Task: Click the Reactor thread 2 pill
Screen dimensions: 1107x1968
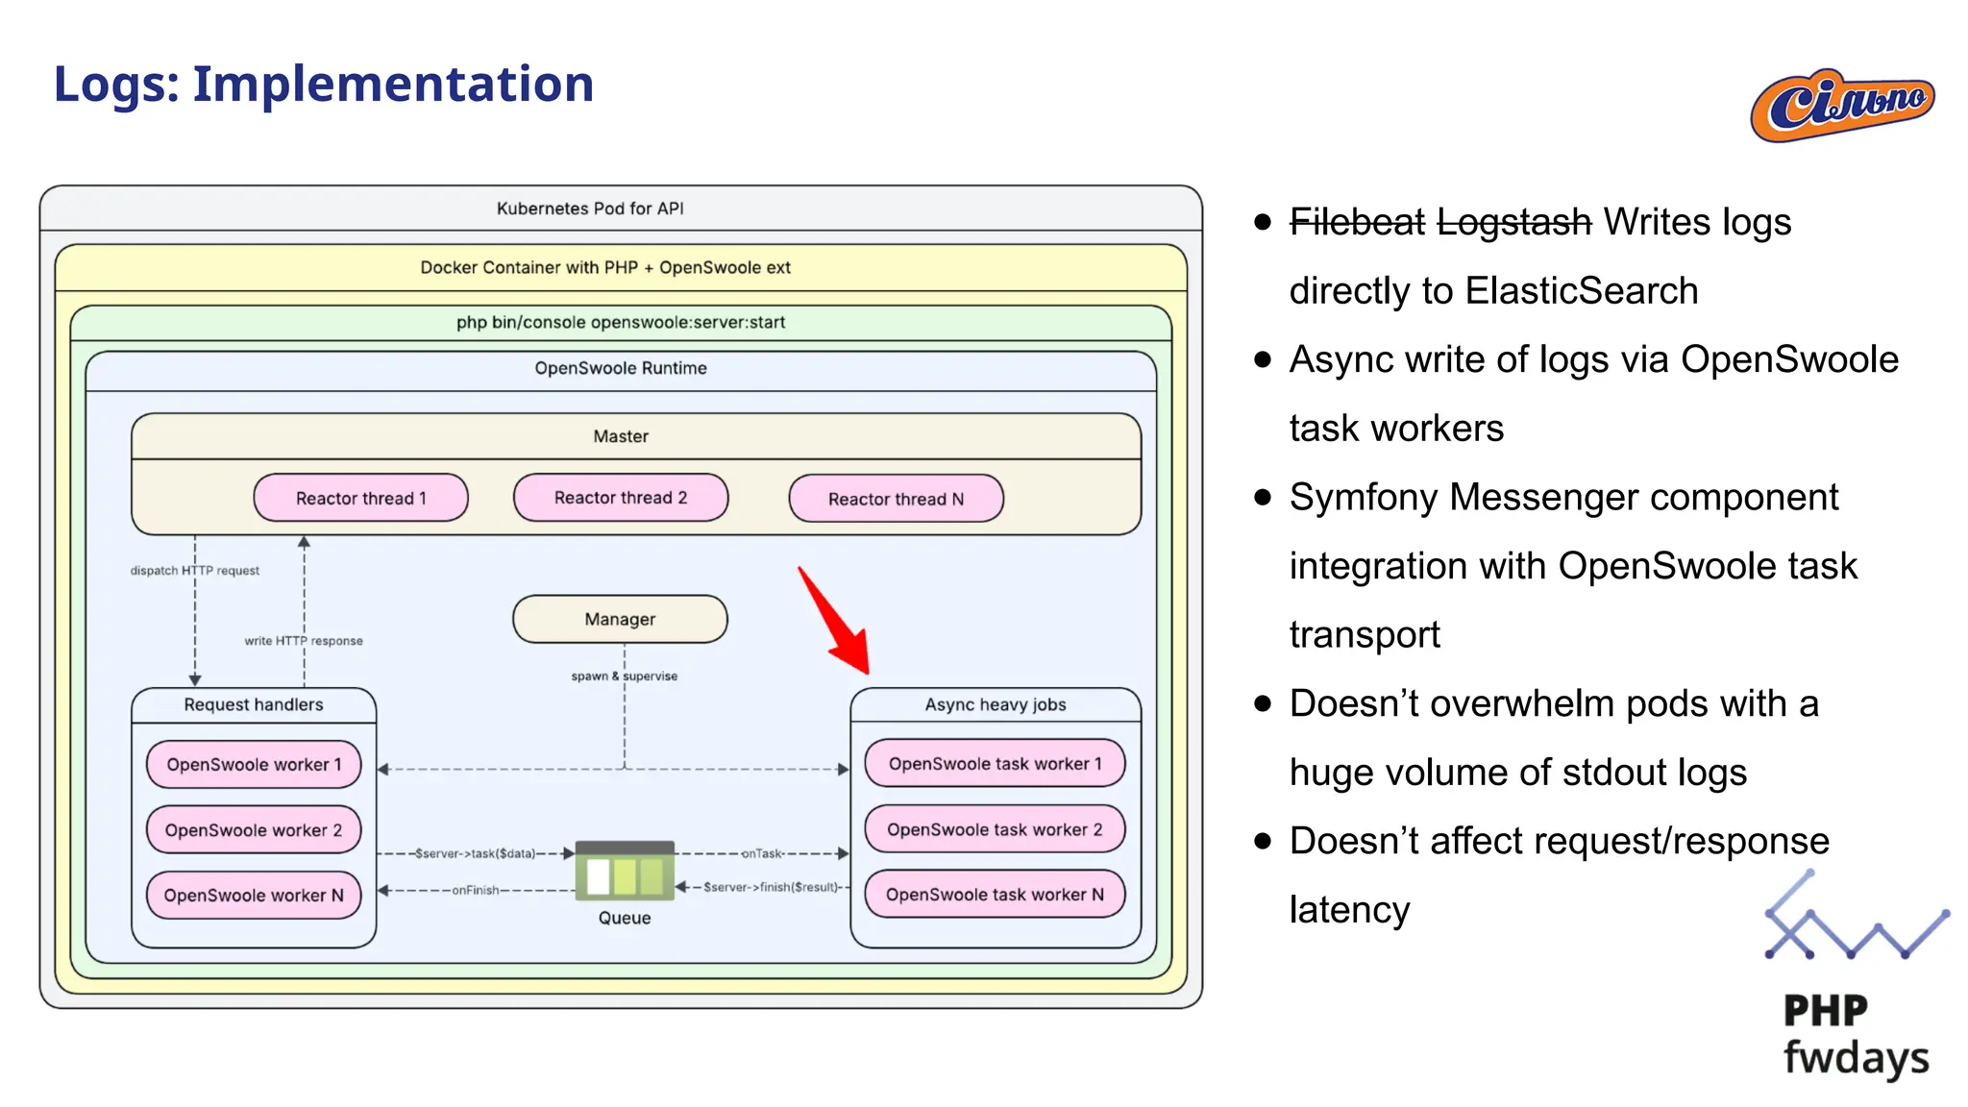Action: [x=621, y=498]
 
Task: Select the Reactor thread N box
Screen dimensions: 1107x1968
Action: [x=896, y=499]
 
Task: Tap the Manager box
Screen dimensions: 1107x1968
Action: [x=620, y=619]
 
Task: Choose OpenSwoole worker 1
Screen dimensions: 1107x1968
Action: [x=254, y=765]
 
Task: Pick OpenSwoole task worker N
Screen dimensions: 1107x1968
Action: [x=995, y=895]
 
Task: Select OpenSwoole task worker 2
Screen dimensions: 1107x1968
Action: [x=995, y=829]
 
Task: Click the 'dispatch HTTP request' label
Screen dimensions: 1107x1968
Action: [x=195, y=571]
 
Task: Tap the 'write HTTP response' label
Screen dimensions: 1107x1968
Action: [x=304, y=641]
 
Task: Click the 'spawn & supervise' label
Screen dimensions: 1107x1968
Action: [x=625, y=676]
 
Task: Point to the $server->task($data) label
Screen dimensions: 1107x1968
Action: [x=475, y=853]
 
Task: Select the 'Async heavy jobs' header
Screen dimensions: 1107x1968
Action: [x=996, y=704]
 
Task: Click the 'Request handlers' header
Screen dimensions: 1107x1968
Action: [x=254, y=704]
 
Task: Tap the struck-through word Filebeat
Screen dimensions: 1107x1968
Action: [x=1356, y=222]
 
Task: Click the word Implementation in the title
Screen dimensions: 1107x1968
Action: [x=393, y=84]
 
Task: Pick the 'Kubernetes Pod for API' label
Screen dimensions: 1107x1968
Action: [x=590, y=209]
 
